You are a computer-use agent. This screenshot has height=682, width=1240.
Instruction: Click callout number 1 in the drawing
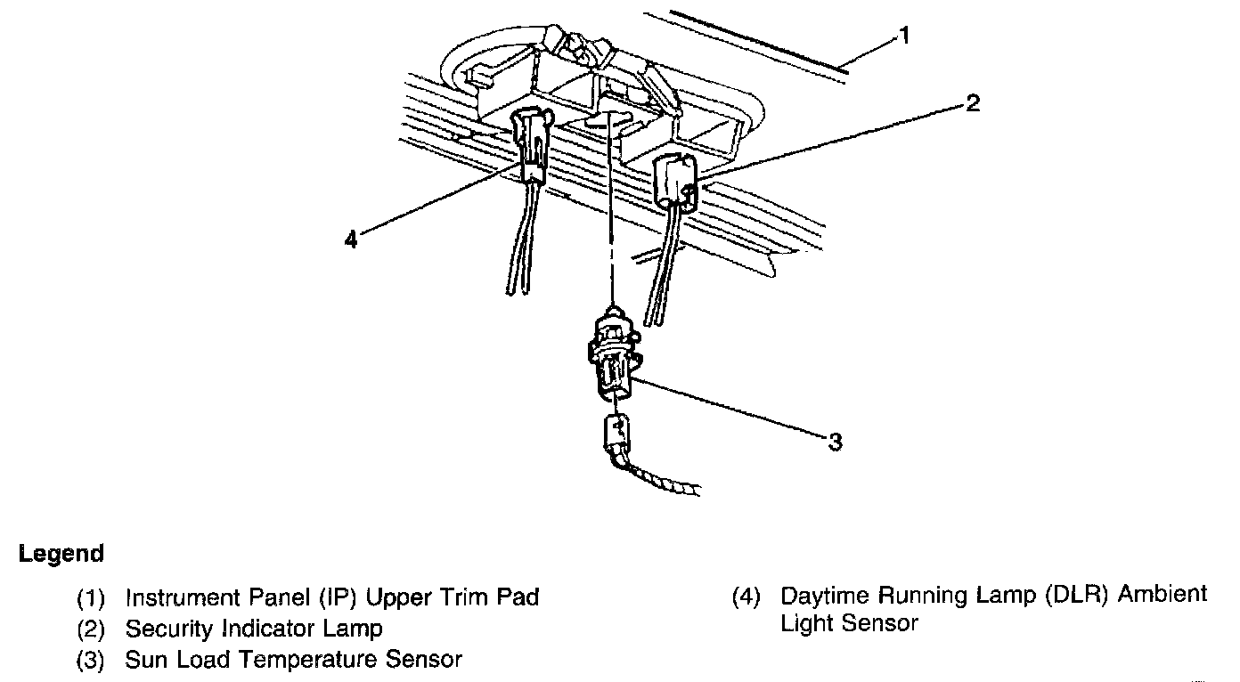click(x=904, y=37)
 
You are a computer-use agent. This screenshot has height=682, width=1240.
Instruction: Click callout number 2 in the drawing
click(x=973, y=104)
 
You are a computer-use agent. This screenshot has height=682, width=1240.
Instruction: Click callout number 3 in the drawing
click(x=835, y=442)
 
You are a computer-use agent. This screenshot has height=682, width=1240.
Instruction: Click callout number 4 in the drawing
click(x=351, y=240)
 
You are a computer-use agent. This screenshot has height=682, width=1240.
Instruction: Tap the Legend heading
click(x=61, y=554)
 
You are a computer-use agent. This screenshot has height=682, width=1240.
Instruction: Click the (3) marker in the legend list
click(x=92, y=661)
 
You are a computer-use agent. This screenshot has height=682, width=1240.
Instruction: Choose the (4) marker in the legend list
click(x=746, y=596)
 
